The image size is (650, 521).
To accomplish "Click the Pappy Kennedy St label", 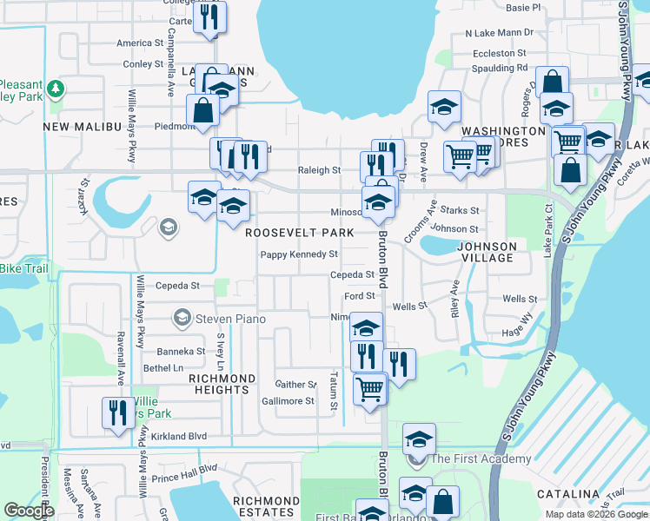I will click(299, 254).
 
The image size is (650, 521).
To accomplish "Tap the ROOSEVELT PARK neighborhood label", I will click(299, 233).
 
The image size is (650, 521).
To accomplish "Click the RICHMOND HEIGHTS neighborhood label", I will click(222, 385).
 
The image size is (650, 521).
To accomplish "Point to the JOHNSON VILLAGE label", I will click(487, 252).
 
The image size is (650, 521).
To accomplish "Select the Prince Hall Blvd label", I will click(183, 478).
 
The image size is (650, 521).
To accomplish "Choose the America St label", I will click(140, 43).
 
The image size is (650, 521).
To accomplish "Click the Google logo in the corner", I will click(29, 511).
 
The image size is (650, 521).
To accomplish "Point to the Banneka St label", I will click(181, 352).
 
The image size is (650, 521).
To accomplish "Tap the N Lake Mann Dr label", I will click(499, 33).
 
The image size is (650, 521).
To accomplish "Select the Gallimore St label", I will click(288, 401).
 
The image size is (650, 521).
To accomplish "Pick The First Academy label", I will click(481, 458).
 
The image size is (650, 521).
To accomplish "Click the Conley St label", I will click(143, 64).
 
